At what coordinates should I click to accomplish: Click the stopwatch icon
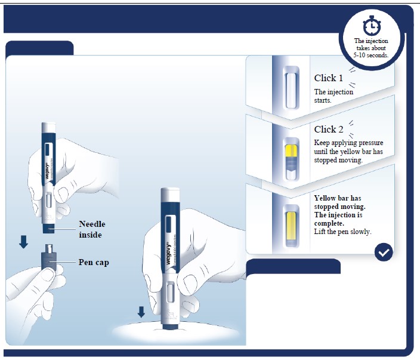(x=372, y=26)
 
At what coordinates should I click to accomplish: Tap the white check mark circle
(x=384, y=252)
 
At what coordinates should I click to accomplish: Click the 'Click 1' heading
(x=328, y=78)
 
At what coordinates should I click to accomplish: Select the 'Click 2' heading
(x=328, y=129)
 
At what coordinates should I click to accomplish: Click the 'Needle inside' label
(x=92, y=229)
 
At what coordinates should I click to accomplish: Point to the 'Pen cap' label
(x=94, y=262)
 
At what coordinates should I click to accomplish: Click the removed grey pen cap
(x=49, y=258)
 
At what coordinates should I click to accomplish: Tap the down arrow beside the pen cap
(x=24, y=242)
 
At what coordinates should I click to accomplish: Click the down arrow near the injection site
(x=141, y=312)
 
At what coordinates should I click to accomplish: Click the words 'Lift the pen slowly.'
(x=342, y=232)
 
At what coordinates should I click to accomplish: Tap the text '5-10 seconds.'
(x=370, y=55)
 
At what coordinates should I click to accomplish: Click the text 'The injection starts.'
(x=333, y=96)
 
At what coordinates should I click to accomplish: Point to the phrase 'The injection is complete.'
(x=338, y=219)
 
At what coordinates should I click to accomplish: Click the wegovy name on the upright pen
(x=168, y=254)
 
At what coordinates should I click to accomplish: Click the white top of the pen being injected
(x=170, y=195)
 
